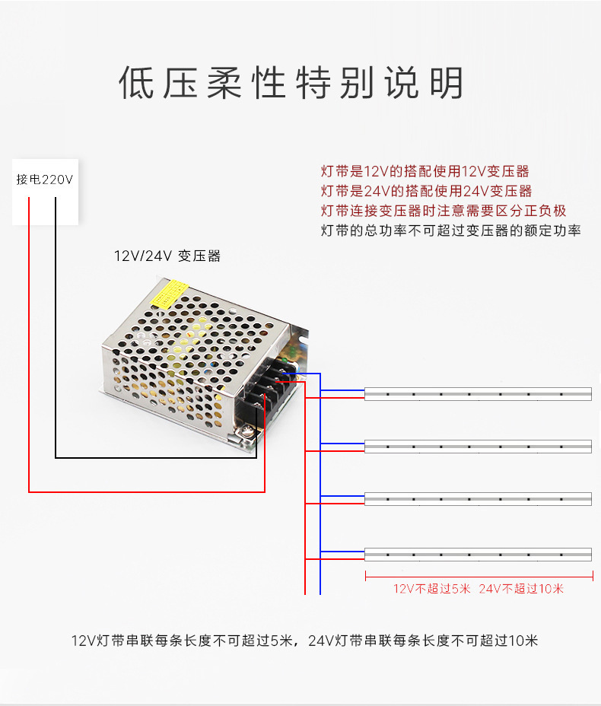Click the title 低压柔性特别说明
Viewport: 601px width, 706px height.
tap(291, 84)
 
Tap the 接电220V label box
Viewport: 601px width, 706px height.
tap(45, 180)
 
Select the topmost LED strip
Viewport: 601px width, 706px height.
tap(478, 393)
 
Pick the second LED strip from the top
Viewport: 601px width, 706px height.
tap(478, 447)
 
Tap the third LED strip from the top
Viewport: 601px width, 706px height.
tap(478, 499)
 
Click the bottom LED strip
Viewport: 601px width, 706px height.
tap(478, 554)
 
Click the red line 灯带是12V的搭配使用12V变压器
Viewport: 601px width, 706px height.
tap(425, 172)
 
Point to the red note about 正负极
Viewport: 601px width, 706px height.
tap(443, 211)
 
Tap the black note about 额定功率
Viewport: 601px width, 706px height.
tap(450, 231)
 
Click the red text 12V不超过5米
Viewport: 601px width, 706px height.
tap(432, 589)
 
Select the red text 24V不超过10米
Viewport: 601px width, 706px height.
tap(521, 589)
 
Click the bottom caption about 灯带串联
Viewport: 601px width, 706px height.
tap(304, 641)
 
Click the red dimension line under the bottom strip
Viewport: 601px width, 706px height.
tap(478, 574)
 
